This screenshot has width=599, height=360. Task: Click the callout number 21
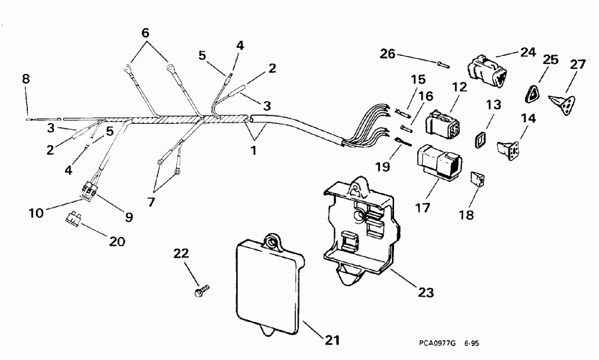pyautogui.click(x=331, y=340)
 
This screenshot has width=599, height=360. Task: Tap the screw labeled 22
pyautogui.click(x=200, y=291)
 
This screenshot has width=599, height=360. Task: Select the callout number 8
pyautogui.click(x=26, y=79)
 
